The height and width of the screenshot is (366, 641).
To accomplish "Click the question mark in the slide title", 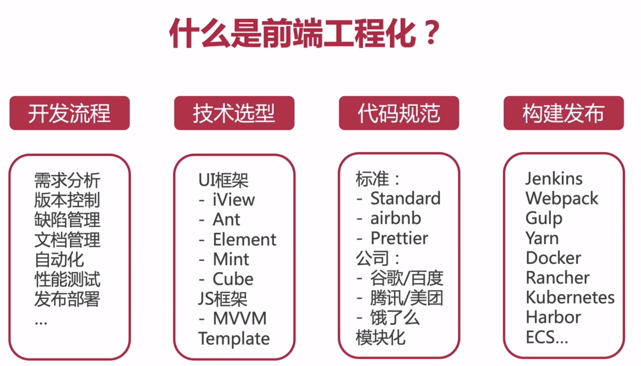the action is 432,32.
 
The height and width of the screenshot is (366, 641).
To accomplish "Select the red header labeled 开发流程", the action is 69,113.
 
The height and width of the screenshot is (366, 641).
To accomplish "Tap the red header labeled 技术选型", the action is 234,113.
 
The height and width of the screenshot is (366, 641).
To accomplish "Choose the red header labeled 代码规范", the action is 399,113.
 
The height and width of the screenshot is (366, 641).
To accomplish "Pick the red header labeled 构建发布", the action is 564,113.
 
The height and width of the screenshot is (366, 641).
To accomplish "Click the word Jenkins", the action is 554,179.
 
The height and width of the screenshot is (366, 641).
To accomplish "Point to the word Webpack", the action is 562,199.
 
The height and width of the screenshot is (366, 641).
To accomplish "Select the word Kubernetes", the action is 570,297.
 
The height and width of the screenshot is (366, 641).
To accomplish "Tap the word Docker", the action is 554,258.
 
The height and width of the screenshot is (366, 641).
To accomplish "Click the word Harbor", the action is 554,317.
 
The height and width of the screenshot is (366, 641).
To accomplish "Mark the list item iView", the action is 233,200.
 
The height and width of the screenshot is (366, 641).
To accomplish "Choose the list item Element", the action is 245,239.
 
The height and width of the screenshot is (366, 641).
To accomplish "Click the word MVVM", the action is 240,318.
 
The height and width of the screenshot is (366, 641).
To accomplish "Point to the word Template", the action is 234,339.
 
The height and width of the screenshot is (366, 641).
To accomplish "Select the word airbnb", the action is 396,218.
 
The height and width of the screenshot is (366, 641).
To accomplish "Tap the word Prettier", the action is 399,238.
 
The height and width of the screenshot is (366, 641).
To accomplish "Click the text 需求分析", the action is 67,180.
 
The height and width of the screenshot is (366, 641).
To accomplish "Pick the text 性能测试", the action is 67,279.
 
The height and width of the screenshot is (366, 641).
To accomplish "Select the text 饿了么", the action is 395,318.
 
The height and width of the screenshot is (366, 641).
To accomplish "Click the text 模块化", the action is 380,338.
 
